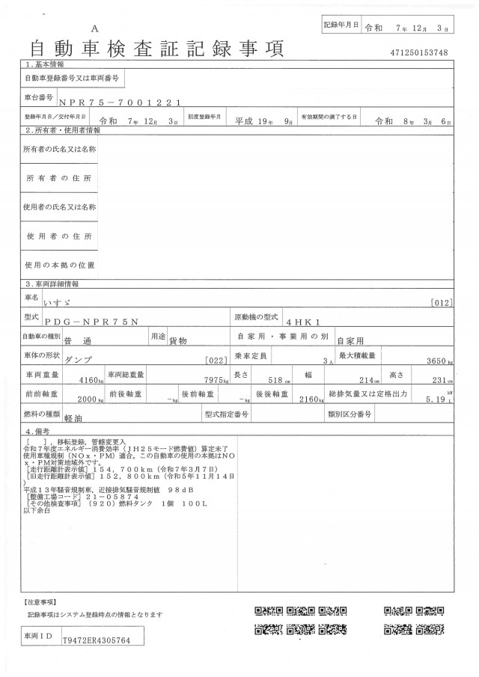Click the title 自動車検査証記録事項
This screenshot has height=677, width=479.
(x=156, y=49)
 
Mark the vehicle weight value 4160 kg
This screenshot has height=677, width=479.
(x=91, y=381)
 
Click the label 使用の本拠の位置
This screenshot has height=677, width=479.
(x=60, y=265)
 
